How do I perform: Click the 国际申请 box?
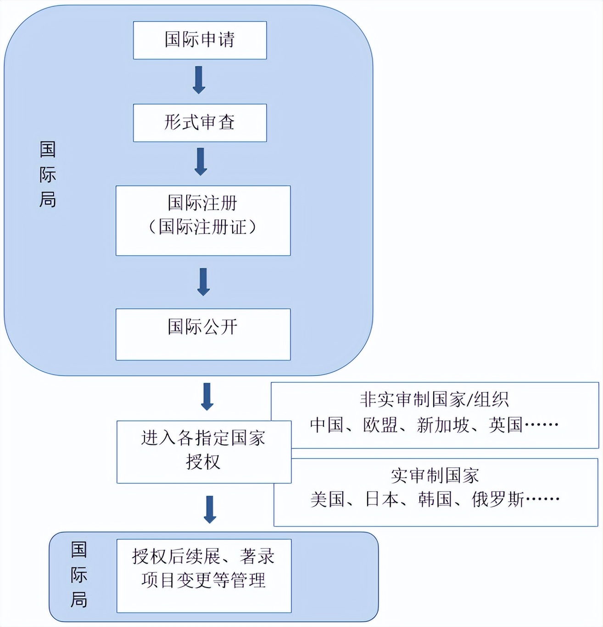click(200, 40)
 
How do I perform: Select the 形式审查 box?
click(200, 123)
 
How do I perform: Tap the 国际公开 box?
click(203, 335)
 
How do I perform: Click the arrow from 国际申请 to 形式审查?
click(199, 80)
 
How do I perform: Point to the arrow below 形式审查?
click(201, 162)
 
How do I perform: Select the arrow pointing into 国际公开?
click(204, 282)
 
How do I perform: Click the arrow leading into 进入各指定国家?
click(207, 397)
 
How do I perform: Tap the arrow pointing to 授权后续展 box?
click(210, 509)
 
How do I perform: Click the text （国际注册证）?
click(203, 227)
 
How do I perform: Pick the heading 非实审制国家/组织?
click(434, 399)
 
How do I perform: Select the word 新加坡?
click(442, 425)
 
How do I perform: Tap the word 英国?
click(505, 425)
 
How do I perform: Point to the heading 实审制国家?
click(435, 476)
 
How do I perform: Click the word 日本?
click(382, 500)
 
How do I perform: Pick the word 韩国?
click(435, 500)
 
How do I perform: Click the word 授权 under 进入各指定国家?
click(203, 462)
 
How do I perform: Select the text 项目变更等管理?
click(204, 580)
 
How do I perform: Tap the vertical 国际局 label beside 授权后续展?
click(79, 575)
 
